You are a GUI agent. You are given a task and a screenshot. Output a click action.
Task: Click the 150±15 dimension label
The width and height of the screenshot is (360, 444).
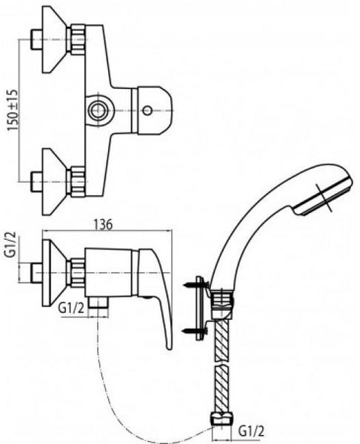pyautogui.click(x=13, y=110)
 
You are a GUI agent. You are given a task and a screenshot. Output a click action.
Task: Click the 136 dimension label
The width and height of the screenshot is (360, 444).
pyautogui.click(x=103, y=225)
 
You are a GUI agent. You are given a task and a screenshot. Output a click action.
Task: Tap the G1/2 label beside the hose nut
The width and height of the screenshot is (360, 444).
pyautogui.click(x=252, y=432)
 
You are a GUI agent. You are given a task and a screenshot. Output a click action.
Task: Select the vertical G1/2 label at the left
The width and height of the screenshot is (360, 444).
pyautogui.click(x=10, y=243)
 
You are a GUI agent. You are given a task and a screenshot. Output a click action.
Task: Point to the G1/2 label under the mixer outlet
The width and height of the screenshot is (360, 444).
pyautogui.click(x=71, y=309)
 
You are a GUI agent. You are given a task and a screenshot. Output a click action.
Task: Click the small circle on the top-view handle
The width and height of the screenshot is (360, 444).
pyautogui.click(x=147, y=110)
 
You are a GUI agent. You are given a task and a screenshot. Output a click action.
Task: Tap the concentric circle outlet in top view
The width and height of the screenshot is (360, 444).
pyautogui.click(x=98, y=110)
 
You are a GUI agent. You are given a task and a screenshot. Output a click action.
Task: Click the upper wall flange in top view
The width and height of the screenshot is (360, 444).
pyautogui.click(x=54, y=39)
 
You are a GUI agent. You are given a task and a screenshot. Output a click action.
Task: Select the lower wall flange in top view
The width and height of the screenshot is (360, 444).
pyautogui.click(x=54, y=181)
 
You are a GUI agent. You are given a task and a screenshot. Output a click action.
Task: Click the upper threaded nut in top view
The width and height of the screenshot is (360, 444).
pyautogui.click(x=78, y=39)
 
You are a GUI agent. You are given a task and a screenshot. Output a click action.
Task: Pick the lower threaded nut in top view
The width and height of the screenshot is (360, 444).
pyautogui.click(x=78, y=181)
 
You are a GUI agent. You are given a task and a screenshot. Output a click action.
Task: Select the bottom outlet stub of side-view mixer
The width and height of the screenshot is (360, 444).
pyautogui.click(x=98, y=302)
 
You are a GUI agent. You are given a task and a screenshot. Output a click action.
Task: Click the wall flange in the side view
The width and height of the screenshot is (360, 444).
pyautogui.click(x=54, y=273)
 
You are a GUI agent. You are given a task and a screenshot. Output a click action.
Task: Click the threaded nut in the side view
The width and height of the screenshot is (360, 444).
pyautogui.click(x=78, y=273)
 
